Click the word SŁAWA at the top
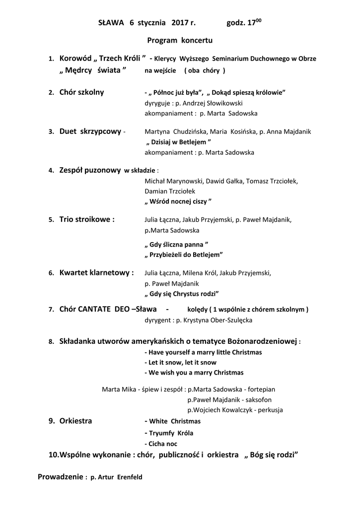[x=110, y=22]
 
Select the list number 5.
[x=51, y=219]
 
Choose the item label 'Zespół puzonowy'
[x=90, y=170]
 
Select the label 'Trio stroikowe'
[x=87, y=219]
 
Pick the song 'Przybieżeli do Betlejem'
[x=183, y=254]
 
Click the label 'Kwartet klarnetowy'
[x=96, y=272]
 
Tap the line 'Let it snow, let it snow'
[x=180, y=362]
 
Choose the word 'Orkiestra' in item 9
[x=75, y=421]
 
